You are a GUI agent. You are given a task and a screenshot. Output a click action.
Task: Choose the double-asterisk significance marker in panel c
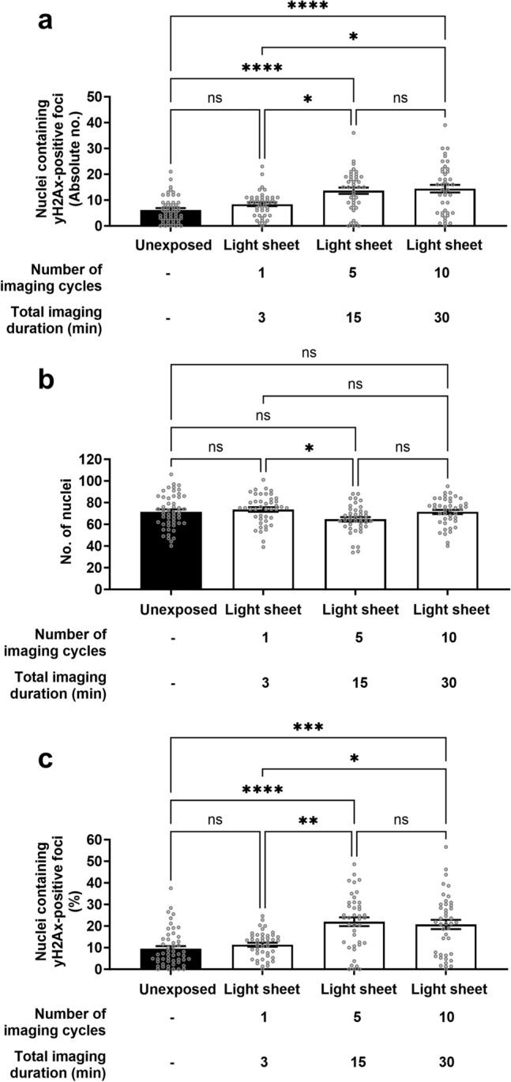click(x=309, y=821)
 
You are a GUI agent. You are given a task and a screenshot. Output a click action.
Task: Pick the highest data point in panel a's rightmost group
click(x=445, y=125)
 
